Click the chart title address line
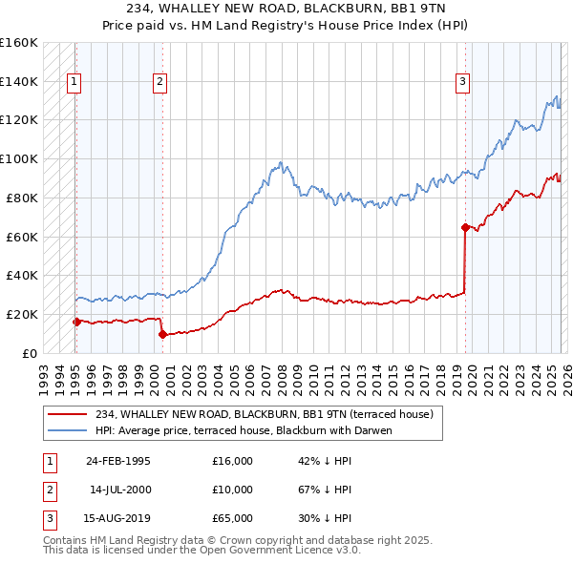pyautogui.click(x=286, y=9)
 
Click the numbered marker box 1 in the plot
pyautogui.click(x=74, y=82)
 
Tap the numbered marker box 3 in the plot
pyautogui.click(x=462, y=82)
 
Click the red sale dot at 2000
pyautogui.click(x=162, y=334)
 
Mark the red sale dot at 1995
pyautogui.click(x=76, y=322)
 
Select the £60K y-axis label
pyautogui.click(x=22, y=236)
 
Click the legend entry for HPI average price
pyautogui.click(x=244, y=430)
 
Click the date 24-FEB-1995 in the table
pyautogui.click(x=117, y=461)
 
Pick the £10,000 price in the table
pyautogui.click(x=232, y=490)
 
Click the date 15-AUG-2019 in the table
pyautogui.click(x=117, y=518)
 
